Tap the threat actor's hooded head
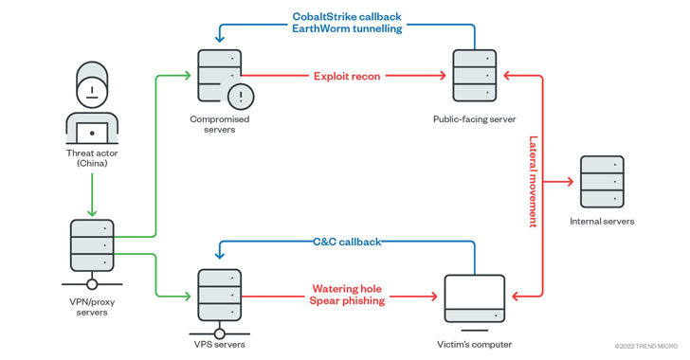pos(92,84)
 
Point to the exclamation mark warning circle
pos(241,97)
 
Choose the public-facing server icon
pos(474,76)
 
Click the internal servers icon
pos(602,181)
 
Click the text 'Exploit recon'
pos(347,76)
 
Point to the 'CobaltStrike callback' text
pos(347,17)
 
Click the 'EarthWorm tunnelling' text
pos(347,28)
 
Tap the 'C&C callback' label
pos(347,242)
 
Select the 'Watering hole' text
pos(347,289)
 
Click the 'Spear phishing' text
pos(347,300)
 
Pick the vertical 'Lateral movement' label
pos(533,181)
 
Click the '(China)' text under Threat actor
pos(92,163)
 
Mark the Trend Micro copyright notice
pos(646,347)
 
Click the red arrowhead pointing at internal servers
pos(571,181)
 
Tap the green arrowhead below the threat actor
pos(92,212)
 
